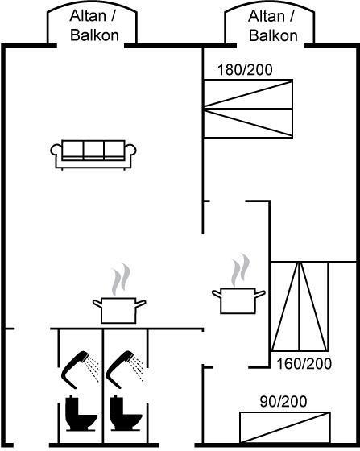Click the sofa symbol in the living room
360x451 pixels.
click(x=93, y=155)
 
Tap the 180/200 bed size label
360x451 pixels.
click(x=245, y=70)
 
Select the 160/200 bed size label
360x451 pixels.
click(x=304, y=364)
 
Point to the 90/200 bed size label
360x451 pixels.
click(x=283, y=402)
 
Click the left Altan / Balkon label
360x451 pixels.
click(x=93, y=26)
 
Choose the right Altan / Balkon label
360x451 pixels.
click(x=272, y=26)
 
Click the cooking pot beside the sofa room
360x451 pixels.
click(x=118, y=310)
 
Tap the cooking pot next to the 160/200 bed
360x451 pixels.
click(x=238, y=300)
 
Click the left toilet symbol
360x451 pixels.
click(x=81, y=413)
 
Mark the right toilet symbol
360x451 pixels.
click(x=126, y=413)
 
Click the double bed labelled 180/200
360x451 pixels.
click(x=248, y=109)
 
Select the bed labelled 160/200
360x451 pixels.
click(x=300, y=307)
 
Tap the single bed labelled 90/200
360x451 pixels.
click(x=285, y=428)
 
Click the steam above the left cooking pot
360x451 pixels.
click(x=121, y=279)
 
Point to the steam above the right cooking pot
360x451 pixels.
click(x=241, y=270)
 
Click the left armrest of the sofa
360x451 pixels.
click(x=56, y=150)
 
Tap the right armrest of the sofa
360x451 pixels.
click(x=130, y=150)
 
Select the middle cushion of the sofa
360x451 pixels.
click(x=93, y=149)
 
